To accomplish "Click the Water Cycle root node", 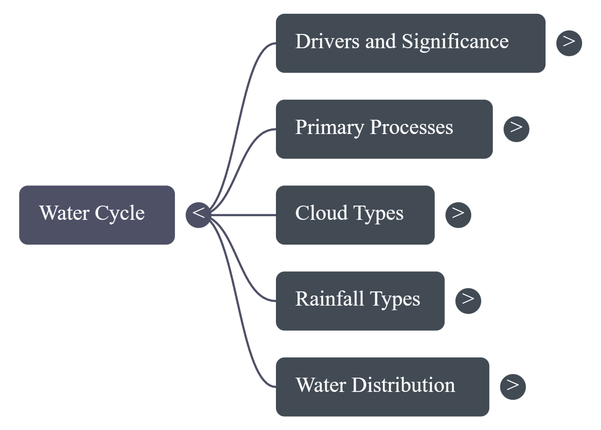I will pos(97,215).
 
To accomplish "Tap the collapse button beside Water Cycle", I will pos(198,214).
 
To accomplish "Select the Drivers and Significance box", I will pos(410,43).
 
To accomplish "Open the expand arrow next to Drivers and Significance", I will pos(569,43).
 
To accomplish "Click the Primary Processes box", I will pos(384,129).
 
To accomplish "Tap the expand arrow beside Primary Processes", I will pos(516,129).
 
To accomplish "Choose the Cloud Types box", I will pos(355,215).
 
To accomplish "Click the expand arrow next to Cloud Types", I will pos(458,214).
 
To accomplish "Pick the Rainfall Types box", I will pos(360,301).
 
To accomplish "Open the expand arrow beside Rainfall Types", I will pos(468,301).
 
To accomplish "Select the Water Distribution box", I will pos(382,386).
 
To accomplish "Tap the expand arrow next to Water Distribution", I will pos(512,386).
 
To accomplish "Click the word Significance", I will pos(455,41).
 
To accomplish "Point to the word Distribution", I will pos(403,385).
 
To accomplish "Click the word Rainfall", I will pos(330,299).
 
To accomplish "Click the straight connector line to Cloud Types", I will pos(243,215).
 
